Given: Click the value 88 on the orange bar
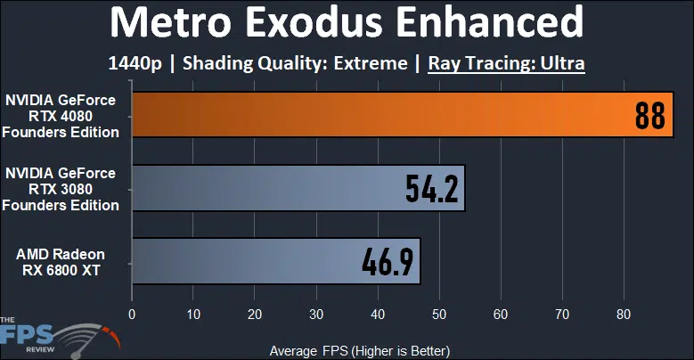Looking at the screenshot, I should pyautogui.click(x=651, y=116).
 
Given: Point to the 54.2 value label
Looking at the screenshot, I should pyautogui.click(x=431, y=189).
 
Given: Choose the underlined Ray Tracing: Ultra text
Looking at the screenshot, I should pyautogui.click(x=506, y=63).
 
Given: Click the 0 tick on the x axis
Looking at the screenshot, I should pyautogui.click(x=132, y=314).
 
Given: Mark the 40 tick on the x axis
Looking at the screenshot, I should pyautogui.click(x=378, y=314).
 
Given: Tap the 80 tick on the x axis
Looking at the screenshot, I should pyautogui.click(x=624, y=314).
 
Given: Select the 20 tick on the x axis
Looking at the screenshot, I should pyautogui.click(x=255, y=314).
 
